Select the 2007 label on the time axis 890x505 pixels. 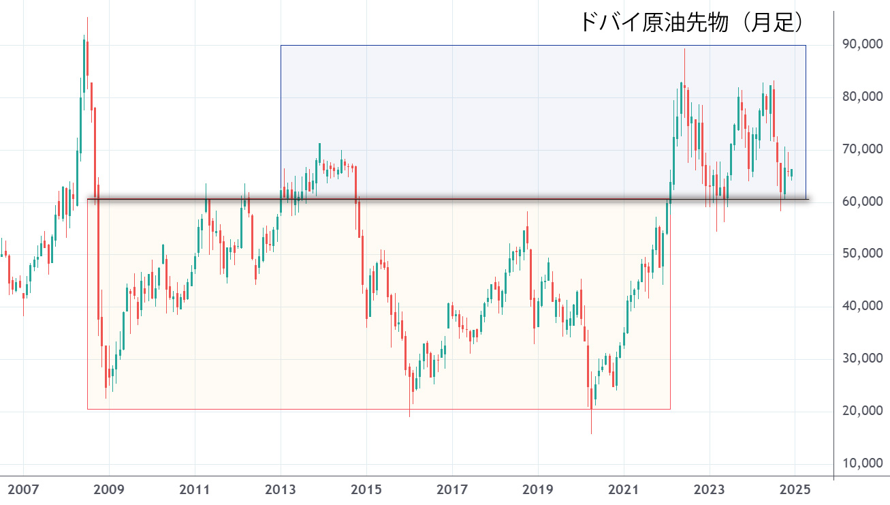click(23, 489)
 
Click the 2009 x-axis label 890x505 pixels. click(109, 489)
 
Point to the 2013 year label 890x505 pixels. click(281, 489)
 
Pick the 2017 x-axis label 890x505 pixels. click(452, 489)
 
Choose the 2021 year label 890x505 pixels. click(624, 489)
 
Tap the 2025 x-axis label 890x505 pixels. click(795, 489)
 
